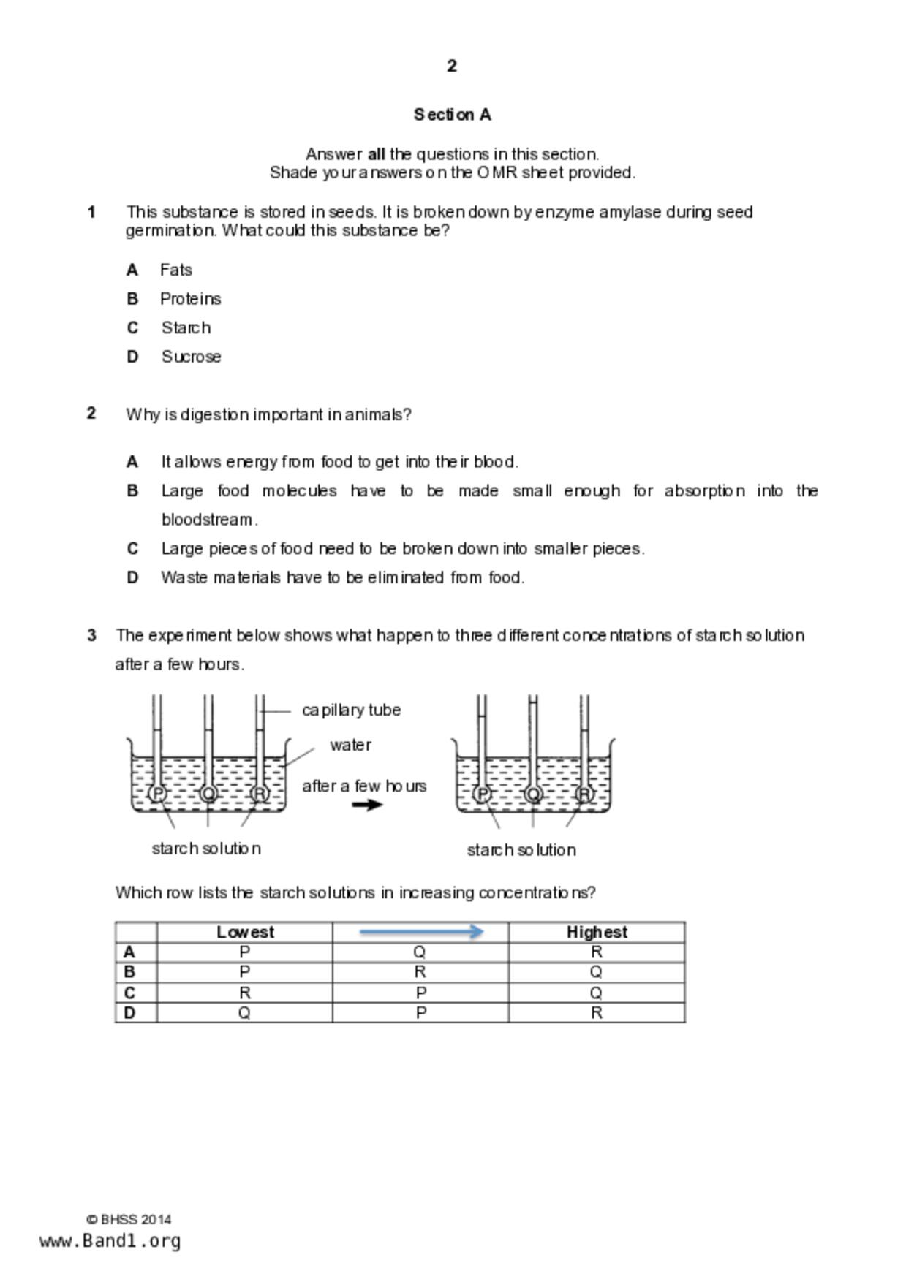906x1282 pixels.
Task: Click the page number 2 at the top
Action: coord(452,67)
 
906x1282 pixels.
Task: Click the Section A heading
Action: coord(452,115)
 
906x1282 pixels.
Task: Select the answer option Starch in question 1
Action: coord(186,328)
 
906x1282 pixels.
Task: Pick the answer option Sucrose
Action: coord(191,357)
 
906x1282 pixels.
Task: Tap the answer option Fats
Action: coord(176,270)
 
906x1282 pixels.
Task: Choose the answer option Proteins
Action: coord(190,299)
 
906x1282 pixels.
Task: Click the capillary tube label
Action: coord(351,710)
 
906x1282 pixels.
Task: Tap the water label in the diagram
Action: coord(350,746)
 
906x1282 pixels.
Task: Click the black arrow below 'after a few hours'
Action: coord(367,805)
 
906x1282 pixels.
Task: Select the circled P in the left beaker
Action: coord(157,794)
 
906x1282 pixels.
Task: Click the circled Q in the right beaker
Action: coord(533,794)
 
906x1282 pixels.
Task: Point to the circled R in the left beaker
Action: coord(260,794)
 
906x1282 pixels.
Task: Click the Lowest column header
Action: coord(245,933)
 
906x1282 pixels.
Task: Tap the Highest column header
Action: coord(597,933)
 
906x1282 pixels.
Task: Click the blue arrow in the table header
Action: coord(421,932)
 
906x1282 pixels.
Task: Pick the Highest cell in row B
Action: coord(597,973)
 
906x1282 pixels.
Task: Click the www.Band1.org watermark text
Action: coord(110,1241)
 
